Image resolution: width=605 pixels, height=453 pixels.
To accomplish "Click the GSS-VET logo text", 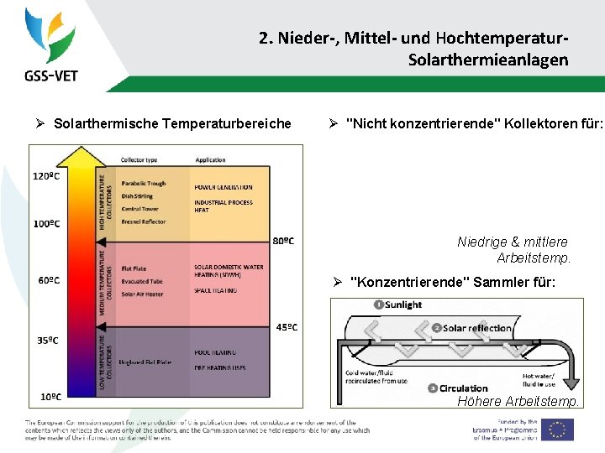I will [x=51, y=75].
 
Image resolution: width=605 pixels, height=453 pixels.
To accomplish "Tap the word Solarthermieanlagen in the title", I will [x=487, y=60].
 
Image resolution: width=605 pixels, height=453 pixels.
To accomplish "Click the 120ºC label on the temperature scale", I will [x=45, y=176].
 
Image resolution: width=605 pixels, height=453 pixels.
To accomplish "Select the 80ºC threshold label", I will [x=284, y=241].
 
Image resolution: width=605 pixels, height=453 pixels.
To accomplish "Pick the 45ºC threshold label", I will [x=286, y=327].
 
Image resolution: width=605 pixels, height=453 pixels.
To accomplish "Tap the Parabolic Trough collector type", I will [x=144, y=183].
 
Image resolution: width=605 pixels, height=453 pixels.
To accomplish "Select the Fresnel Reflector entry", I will [x=144, y=221].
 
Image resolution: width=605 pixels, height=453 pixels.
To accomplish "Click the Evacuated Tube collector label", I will [x=141, y=282].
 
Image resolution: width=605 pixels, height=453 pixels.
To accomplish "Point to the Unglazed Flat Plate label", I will [x=146, y=362].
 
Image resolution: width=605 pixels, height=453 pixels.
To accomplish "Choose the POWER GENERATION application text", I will [x=223, y=187].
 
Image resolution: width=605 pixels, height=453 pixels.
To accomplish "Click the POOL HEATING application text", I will [x=215, y=352].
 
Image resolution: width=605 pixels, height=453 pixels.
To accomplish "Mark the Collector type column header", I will [x=139, y=159].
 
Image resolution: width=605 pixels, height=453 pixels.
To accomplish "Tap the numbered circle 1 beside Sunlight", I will [x=378, y=305].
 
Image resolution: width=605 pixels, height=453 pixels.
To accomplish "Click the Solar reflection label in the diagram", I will [x=477, y=328].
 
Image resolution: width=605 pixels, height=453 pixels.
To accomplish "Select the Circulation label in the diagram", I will [x=463, y=388].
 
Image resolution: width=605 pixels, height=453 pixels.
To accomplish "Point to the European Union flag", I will [x=556, y=430].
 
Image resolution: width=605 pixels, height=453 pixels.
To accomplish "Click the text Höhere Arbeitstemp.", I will [x=518, y=402].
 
